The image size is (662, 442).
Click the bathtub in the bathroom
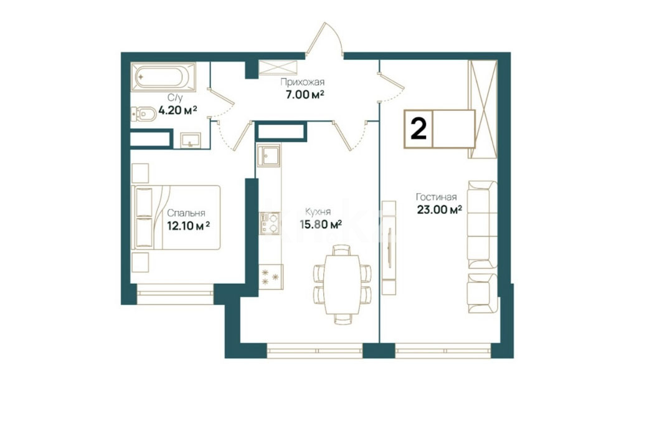(163, 77)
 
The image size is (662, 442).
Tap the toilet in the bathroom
(143, 113)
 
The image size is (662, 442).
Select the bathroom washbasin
(191, 140)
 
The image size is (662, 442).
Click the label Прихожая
(302, 82)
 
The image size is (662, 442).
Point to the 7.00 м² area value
(305, 95)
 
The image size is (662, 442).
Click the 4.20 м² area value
(177, 111)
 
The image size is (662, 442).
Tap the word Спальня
(186, 213)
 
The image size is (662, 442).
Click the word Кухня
(318, 212)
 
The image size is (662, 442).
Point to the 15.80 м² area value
(321, 224)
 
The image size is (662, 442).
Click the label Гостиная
(436, 197)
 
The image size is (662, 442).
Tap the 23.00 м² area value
(439, 209)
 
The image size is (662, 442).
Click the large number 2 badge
(418, 129)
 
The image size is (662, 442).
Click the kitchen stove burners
(270, 223)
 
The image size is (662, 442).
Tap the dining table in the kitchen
(343, 284)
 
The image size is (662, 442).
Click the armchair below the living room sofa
(483, 293)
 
